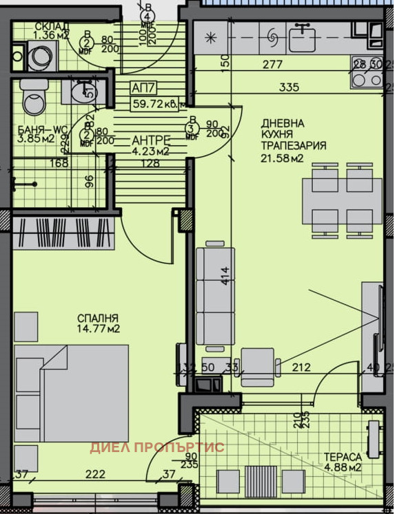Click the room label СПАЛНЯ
pyautogui.click(x=98, y=318)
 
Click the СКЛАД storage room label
pyautogui.click(x=51, y=26)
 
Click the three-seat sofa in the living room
pyautogui.click(x=210, y=297)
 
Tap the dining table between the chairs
pyautogui.click(x=343, y=200)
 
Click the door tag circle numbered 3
pyautogui.click(x=190, y=127)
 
